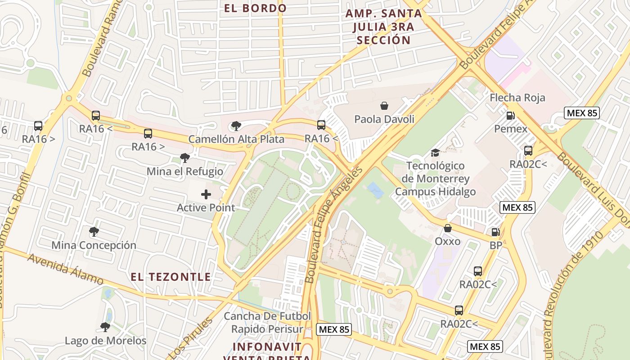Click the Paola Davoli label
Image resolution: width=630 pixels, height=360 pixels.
384,119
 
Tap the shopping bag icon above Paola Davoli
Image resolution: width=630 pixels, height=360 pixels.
384,106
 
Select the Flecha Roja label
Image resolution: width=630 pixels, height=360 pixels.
517,98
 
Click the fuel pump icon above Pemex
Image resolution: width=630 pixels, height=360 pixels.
510,116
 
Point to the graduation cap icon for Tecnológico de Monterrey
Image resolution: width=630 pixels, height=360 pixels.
435,153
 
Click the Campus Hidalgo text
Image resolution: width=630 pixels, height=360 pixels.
435,192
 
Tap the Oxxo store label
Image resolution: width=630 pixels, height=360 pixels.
447,241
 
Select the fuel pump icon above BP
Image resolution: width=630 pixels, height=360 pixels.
495,232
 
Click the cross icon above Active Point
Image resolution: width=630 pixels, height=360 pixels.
206,194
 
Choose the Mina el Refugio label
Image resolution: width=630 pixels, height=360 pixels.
184,171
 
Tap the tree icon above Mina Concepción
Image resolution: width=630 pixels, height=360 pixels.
94,232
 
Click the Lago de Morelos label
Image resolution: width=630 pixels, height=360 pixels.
106,341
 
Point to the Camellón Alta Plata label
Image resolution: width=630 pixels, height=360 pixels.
236,139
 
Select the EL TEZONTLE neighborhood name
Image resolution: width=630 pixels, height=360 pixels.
171,277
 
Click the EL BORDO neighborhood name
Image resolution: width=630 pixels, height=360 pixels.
255,8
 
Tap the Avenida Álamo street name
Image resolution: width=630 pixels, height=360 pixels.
65,269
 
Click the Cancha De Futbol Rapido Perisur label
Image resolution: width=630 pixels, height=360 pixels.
267,323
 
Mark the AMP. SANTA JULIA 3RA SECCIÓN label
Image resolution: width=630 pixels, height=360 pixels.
383,27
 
